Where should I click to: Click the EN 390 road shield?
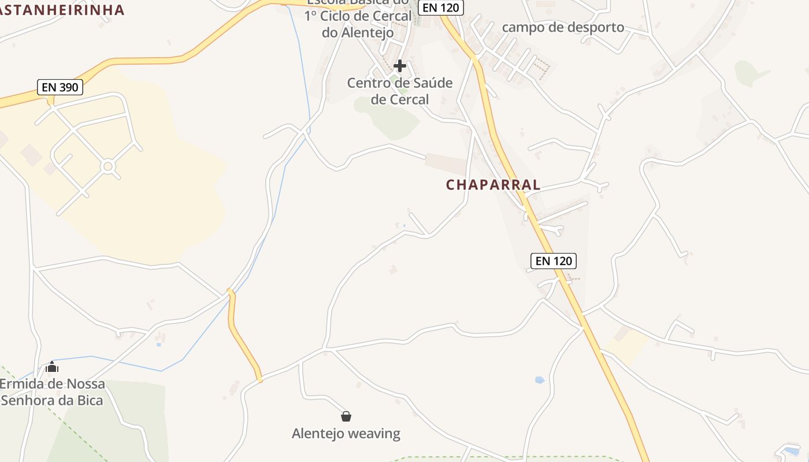60,88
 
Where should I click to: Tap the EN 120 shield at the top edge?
441,8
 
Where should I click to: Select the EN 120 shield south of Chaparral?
553,261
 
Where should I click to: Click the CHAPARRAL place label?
493,185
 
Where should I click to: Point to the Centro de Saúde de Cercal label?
400,91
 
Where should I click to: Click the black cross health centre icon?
399,66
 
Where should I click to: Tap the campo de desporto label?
563,27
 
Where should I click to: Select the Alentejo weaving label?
346,434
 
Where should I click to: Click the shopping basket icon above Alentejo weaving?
346,416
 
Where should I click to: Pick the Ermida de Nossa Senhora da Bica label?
52,392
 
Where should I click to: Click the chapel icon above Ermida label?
52,367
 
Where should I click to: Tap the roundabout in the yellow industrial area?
107,167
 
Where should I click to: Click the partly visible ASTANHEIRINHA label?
62,10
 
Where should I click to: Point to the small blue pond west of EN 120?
539,380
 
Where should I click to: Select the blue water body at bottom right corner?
791,450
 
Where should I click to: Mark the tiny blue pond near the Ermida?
158,345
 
